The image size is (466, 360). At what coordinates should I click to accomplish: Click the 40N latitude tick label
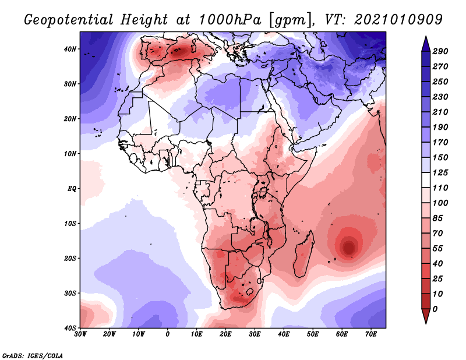click(70, 49)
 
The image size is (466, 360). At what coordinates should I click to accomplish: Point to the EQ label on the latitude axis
click(72, 189)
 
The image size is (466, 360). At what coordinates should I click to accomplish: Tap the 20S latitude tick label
click(70, 258)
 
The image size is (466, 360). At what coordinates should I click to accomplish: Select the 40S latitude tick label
click(70, 328)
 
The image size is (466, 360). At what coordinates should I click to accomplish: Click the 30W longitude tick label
click(80, 334)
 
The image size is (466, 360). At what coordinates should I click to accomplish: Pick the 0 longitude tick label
click(168, 334)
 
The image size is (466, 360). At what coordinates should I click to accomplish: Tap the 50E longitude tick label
click(313, 334)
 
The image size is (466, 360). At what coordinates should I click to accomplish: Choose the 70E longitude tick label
click(370, 334)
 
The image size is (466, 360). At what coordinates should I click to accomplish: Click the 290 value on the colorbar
click(440, 51)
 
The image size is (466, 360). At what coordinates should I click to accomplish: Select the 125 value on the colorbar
click(440, 172)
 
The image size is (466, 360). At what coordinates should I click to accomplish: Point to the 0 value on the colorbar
click(435, 309)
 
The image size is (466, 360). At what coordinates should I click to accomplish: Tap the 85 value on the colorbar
click(437, 218)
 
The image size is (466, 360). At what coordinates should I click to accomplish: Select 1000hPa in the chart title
click(230, 20)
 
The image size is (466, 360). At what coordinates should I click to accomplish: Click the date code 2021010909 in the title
click(398, 20)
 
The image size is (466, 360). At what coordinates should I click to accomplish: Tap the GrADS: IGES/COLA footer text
click(33, 355)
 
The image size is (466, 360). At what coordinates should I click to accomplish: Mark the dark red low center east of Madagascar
click(349, 247)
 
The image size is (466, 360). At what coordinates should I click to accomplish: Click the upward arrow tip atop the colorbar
click(426, 37)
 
